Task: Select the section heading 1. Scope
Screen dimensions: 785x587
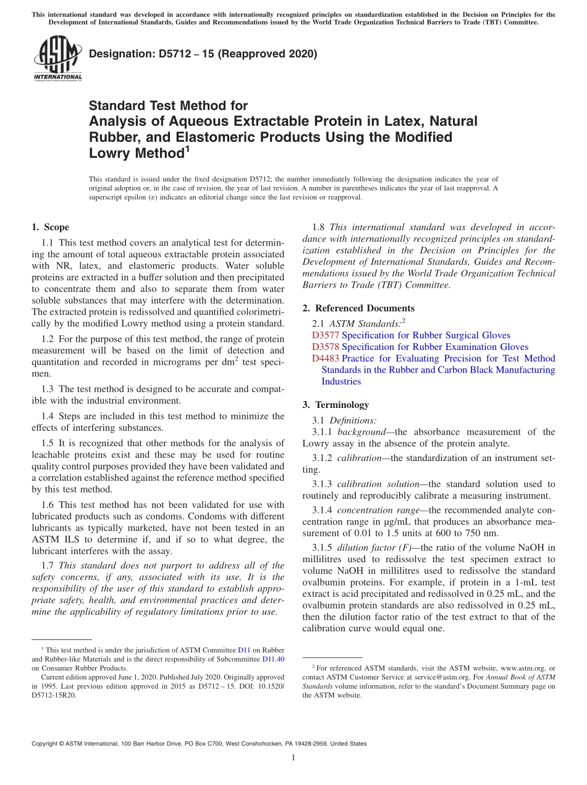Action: (50, 227)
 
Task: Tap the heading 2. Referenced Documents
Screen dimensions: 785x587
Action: (358, 308)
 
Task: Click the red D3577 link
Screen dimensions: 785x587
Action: (326, 335)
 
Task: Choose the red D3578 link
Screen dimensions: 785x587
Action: (326, 347)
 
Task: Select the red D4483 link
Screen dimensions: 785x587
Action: (326, 359)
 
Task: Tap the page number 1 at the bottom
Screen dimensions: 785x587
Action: (293, 758)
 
